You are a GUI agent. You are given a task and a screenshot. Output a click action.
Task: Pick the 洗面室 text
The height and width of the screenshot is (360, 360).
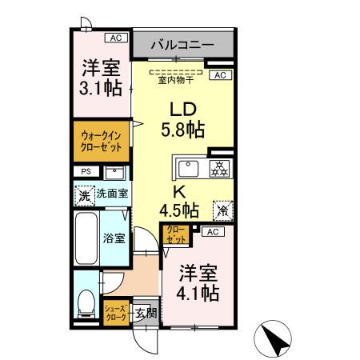pyautogui.click(x=113, y=194)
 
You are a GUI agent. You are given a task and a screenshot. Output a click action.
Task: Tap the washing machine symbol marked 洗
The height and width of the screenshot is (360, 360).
pyautogui.click(x=84, y=194)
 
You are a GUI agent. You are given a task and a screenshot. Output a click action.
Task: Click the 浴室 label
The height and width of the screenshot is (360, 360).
pyautogui.click(x=114, y=238)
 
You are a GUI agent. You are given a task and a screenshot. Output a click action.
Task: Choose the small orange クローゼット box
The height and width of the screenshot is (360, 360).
pyautogui.click(x=177, y=235)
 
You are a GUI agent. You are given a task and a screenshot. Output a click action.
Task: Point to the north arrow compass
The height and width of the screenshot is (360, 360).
pyautogui.click(x=277, y=338)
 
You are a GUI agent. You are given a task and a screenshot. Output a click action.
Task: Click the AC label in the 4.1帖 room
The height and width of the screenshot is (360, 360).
pyautogui.click(x=211, y=232)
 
